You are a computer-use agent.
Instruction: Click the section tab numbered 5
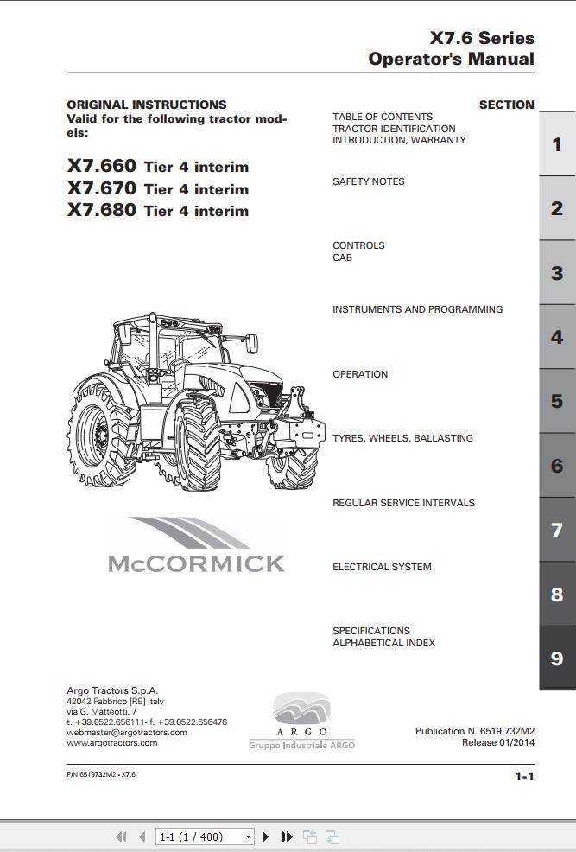[x=557, y=401]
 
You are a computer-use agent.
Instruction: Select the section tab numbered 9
[x=557, y=658]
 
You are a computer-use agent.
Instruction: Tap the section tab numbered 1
[x=557, y=144]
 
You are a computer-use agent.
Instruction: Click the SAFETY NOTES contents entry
[x=368, y=181]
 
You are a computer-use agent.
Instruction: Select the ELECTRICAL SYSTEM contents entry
[x=382, y=567]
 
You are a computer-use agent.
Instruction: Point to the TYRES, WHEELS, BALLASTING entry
[x=402, y=438]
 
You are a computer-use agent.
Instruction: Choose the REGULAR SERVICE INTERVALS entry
[x=403, y=503]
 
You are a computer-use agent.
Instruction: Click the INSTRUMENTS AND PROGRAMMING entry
[x=417, y=309]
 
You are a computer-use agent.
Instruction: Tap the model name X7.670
[x=102, y=188]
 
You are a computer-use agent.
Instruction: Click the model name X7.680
[x=102, y=210]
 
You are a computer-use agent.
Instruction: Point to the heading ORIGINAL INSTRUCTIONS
[x=147, y=105]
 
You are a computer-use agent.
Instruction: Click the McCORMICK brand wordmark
[x=196, y=563]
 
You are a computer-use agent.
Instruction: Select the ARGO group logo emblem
[x=301, y=712]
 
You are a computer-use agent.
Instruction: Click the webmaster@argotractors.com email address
[x=127, y=732]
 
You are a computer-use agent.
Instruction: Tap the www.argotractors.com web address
[x=112, y=742]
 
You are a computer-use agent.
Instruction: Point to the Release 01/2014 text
[x=497, y=742]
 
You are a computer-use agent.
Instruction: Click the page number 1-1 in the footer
[x=524, y=776]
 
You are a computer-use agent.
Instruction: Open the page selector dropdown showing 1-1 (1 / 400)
[x=205, y=836]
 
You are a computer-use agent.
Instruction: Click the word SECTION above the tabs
[x=507, y=105]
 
